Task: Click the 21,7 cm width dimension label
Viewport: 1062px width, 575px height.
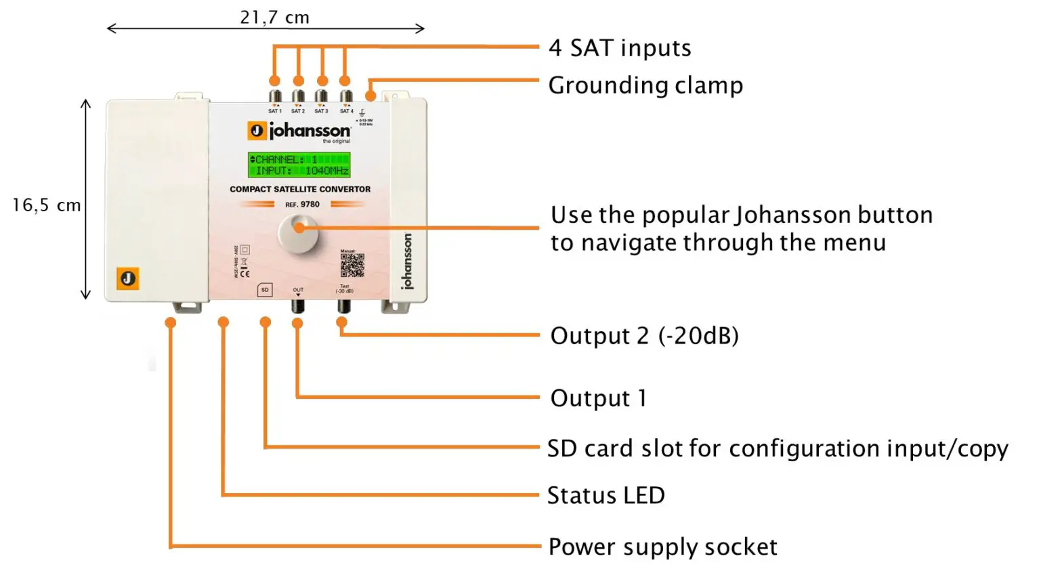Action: point(274,18)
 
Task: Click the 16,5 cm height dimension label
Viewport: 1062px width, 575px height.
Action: point(46,205)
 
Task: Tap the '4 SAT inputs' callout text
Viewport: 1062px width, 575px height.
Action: point(620,48)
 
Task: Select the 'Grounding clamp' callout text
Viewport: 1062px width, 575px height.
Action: point(645,85)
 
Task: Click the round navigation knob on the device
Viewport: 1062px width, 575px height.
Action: point(298,234)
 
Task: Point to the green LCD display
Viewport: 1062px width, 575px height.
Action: point(299,165)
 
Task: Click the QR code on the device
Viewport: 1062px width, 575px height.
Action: point(352,265)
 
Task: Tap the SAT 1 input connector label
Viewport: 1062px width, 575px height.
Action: point(274,111)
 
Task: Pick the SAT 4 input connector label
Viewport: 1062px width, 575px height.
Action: point(346,111)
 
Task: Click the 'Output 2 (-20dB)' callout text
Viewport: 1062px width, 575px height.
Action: point(643,336)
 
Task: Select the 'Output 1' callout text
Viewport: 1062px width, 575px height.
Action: point(597,398)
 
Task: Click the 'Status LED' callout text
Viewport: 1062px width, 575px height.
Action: point(606,496)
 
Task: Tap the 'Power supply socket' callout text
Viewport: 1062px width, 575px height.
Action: point(662,547)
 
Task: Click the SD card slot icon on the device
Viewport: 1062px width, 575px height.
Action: point(265,290)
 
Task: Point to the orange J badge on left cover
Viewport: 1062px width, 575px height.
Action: point(128,278)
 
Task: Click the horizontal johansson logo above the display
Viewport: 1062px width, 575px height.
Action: point(299,131)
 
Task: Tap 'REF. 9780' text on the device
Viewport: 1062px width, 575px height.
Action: point(302,205)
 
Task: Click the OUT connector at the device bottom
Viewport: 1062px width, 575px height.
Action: point(298,305)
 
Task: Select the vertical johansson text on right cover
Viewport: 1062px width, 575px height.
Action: point(406,261)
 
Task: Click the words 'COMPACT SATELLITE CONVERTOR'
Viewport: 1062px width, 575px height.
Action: point(300,190)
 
